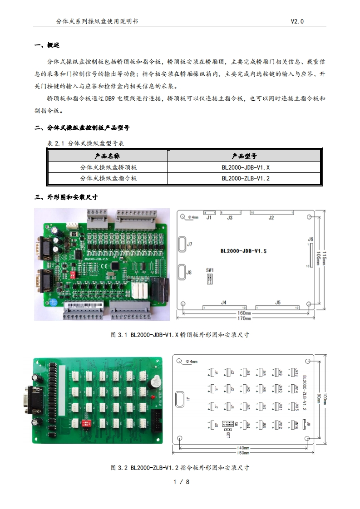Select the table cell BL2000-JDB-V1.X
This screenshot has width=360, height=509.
pos(246,167)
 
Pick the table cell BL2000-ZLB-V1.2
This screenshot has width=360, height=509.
pos(246,178)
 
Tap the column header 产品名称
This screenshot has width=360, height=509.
pos(108,156)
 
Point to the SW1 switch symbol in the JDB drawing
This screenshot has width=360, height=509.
pos(210,278)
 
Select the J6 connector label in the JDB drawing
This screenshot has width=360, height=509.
pos(311,239)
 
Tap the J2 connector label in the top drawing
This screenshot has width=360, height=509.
pos(271,218)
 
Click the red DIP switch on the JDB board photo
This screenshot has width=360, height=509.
pos(71,275)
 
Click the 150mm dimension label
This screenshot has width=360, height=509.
pos(243,452)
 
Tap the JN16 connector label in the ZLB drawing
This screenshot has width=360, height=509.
pos(296,426)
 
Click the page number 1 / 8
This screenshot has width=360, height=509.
pos(181,482)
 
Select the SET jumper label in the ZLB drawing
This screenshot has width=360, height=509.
pos(228,434)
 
